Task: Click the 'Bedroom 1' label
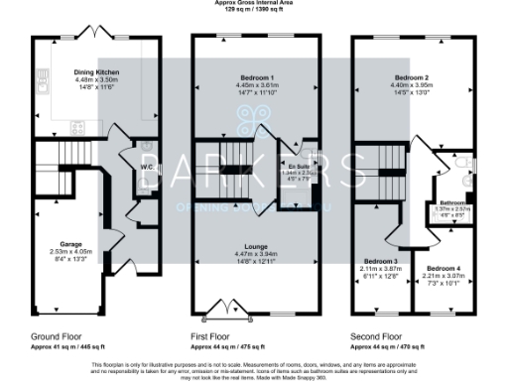click(x=256, y=77)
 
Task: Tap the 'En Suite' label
click(x=299, y=166)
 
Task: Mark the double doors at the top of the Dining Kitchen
click(x=97, y=35)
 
